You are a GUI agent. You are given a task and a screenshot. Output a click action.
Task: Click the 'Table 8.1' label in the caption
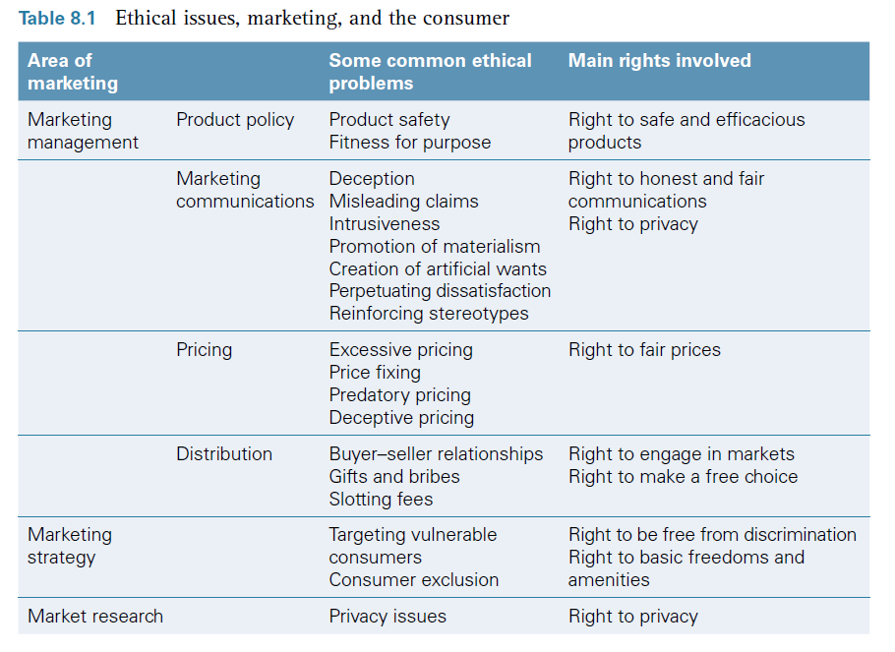(57, 19)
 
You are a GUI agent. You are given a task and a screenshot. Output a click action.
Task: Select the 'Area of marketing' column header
(72, 72)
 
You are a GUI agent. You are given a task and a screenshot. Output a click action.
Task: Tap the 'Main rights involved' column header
(659, 61)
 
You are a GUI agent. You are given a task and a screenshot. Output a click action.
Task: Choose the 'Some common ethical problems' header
(430, 72)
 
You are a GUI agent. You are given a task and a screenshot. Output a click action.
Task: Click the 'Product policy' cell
(235, 120)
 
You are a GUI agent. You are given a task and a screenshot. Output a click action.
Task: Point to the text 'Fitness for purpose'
(409, 143)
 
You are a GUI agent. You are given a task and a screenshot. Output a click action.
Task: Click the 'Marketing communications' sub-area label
(245, 190)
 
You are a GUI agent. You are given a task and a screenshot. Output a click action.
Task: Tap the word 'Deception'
(372, 179)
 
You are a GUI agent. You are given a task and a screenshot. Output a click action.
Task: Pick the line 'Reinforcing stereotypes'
(429, 314)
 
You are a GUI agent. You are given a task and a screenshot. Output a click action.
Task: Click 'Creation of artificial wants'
(438, 268)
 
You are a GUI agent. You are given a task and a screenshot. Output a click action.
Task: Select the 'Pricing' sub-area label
(204, 350)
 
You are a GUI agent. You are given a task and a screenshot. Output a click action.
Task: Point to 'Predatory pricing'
(399, 395)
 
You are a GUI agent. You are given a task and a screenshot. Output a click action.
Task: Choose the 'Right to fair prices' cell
(644, 350)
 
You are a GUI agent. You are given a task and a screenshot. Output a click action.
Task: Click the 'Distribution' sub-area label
(224, 454)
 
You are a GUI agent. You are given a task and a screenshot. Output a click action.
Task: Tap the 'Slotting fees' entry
(381, 500)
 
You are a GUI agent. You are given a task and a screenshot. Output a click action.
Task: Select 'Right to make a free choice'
(683, 477)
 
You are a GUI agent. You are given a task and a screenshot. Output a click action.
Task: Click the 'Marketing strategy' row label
(70, 546)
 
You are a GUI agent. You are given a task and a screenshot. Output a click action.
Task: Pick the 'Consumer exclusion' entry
(413, 580)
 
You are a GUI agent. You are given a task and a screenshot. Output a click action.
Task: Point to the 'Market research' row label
(95, 617)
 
